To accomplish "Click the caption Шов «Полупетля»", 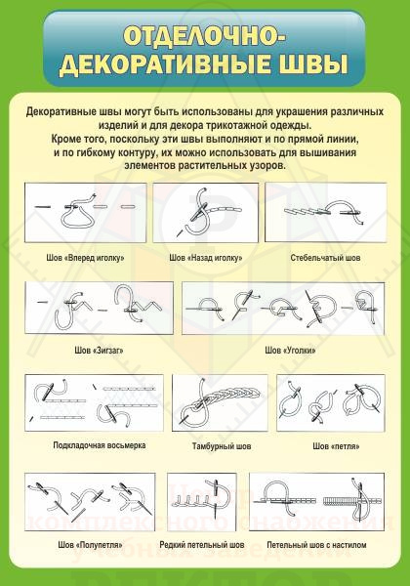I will click(84, 544).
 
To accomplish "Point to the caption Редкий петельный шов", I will click(202, 544).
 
